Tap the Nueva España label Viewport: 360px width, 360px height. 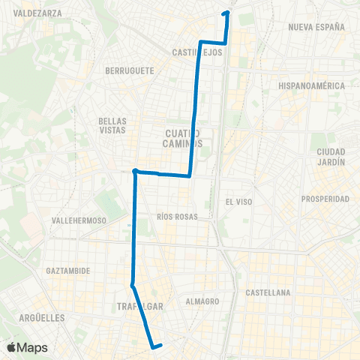coord(316,27)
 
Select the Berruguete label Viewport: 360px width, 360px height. coord(130,70)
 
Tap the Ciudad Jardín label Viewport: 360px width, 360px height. coord(331,156)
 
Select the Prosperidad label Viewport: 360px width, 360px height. coord(325,199)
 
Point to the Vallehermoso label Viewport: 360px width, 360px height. coord(78,220)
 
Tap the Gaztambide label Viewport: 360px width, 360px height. coord(67,270)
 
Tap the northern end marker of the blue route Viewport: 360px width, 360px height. coord(226,13)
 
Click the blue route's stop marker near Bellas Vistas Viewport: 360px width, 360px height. coord(135,172)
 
